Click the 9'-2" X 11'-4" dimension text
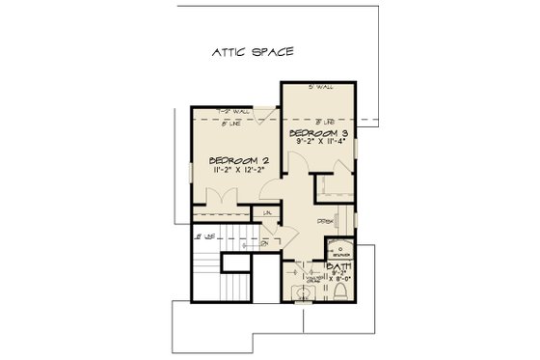(x=321, y=141)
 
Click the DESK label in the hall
(x=326, y=221)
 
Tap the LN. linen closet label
(x=267, y=212)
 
